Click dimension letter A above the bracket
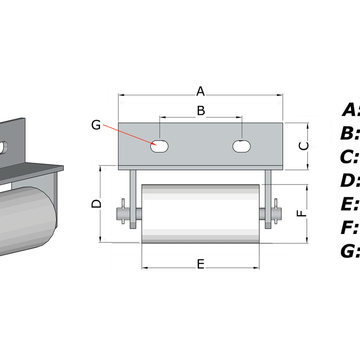click(x=200, y=91)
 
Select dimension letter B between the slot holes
click(x=201, y=110)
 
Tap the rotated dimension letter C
click(x=304, y=146)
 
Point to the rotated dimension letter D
click(x=96, y=204)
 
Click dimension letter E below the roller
click(x=201, y=264)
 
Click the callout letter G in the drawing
click(x=96, y=125)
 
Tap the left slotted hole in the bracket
click(x=159, y=146)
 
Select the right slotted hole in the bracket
click(x=242, y=146)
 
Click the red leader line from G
click(x=130, y=135)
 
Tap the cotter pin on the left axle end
click(x=123, y=211)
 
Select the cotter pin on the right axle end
click(x=276, y=211)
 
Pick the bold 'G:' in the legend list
click(x=350, y=251)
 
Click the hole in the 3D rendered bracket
click(x=4, y=148)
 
